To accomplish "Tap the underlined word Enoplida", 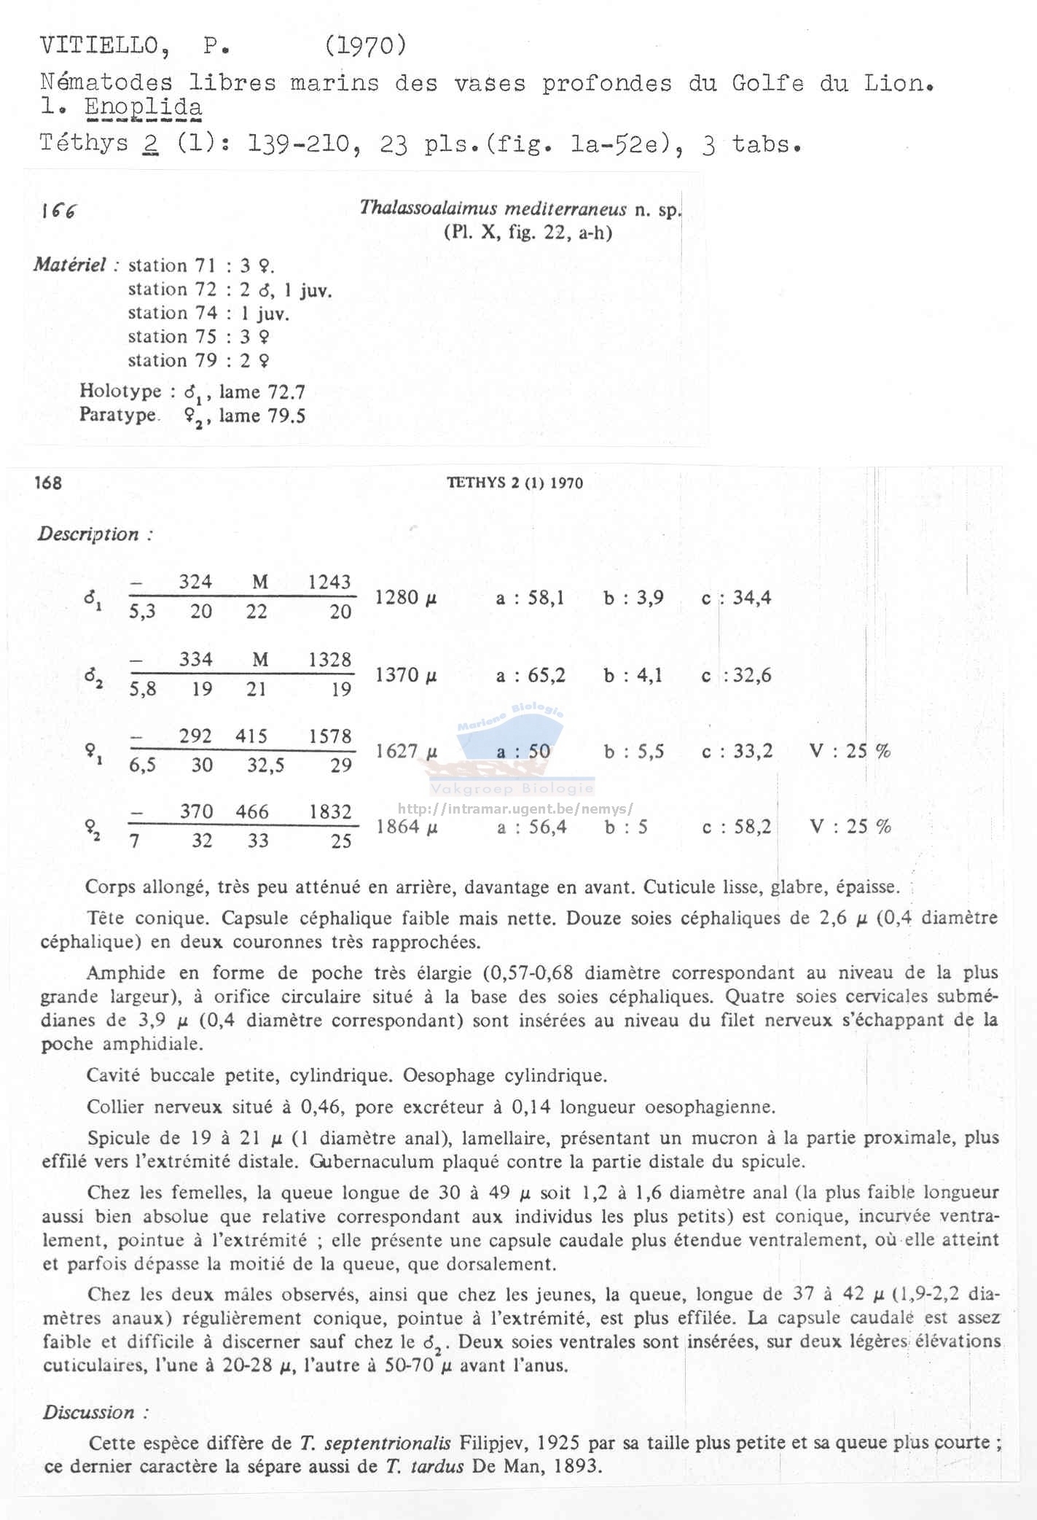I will coord(144,107).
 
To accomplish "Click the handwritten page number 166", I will coord(59,211).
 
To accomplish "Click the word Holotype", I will coord(120,391).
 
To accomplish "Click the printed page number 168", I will coord(48,483).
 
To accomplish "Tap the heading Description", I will coord(89,534).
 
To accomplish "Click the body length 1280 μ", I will coord(406,598).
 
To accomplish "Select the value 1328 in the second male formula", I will coord(329,660).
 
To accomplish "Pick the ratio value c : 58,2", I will coord(736,827).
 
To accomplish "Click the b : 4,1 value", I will coord(633,676).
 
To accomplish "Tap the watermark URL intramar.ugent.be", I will coord(516,808).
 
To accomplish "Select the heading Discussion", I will coord(90,1412).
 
